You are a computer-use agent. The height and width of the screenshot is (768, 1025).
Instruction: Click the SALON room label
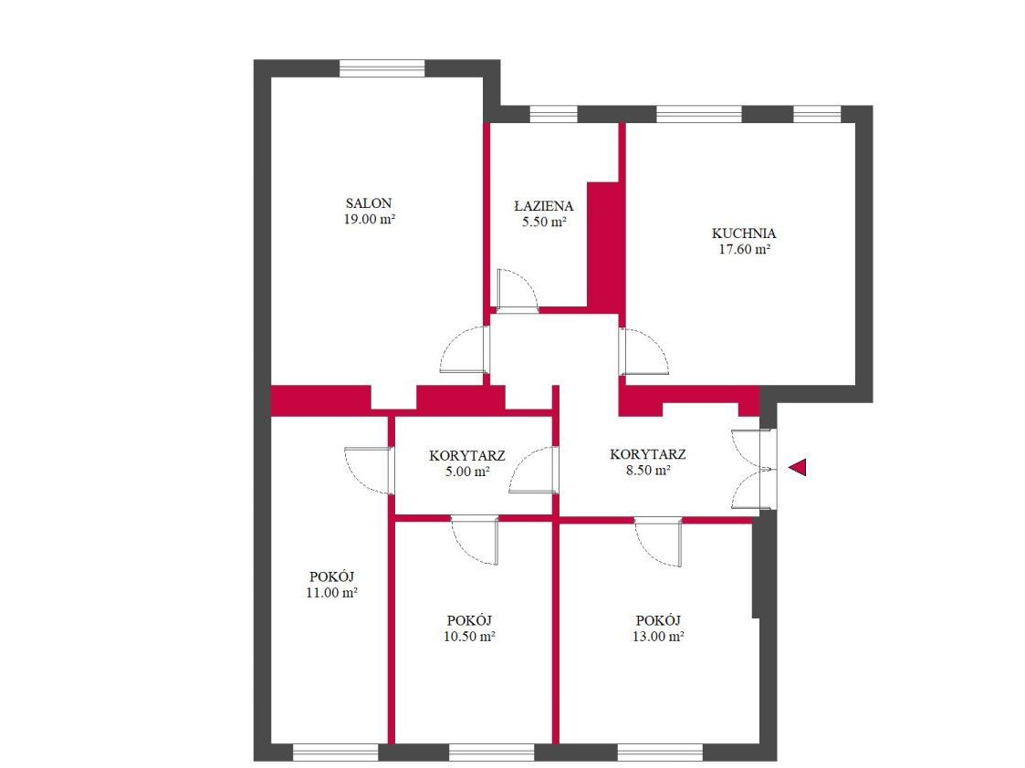(x=369, y=203)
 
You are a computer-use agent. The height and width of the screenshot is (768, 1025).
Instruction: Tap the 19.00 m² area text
(x=370, y=220)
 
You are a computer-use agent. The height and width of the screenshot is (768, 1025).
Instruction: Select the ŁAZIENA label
(x=544, y=206)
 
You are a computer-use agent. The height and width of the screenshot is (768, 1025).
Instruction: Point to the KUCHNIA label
(x=744, y=234)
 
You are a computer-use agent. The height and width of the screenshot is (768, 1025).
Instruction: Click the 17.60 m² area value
(x=745, y=249)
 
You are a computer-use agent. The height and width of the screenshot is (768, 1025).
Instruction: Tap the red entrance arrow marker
(x=798, y=467)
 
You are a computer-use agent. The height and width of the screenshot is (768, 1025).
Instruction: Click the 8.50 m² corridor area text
(x=648, y=471)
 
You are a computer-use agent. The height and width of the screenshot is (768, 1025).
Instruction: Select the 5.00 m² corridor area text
(x=467, y=472)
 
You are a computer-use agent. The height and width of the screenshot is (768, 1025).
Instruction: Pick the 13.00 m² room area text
(x=658, y=636)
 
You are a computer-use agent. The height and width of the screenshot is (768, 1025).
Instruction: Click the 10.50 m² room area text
(x=469, y=636)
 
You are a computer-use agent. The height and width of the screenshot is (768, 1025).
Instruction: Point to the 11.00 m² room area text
(x=331, y=593)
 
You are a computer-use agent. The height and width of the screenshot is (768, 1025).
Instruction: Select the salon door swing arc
(x=464, y=349)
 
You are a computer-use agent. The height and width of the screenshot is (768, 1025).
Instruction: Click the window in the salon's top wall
(x=382, y=68)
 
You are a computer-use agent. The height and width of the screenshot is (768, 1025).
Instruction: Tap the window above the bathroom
(x=553, y=114)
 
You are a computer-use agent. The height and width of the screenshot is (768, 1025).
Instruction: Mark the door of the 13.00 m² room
(x=658, y=542)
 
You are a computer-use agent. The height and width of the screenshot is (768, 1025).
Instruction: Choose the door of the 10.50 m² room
(x=476, y=540)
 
